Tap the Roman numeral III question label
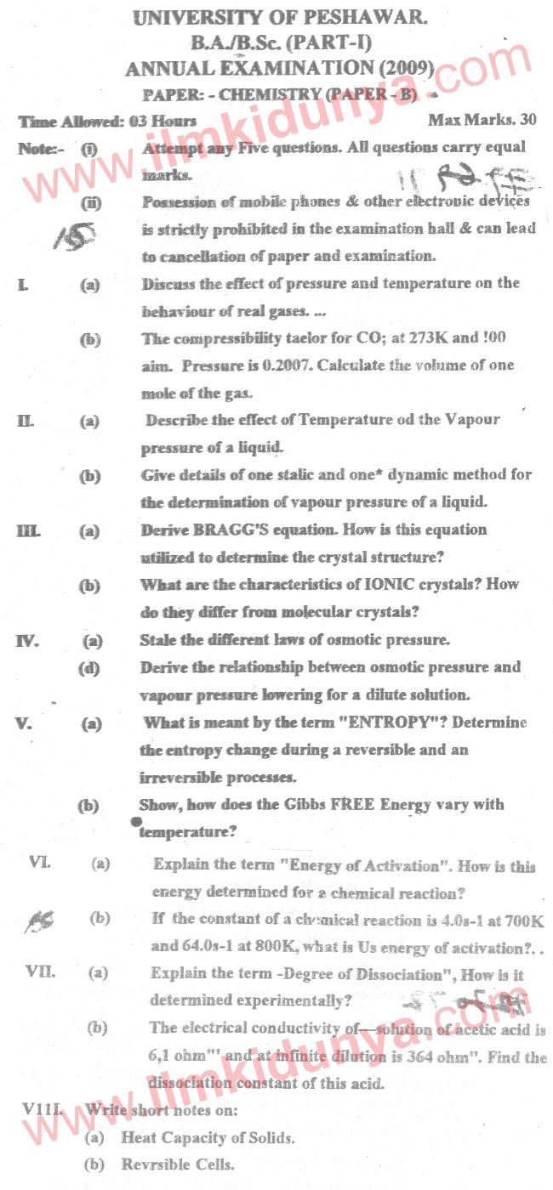pos(28,530)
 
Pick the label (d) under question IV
pos(88,668)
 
